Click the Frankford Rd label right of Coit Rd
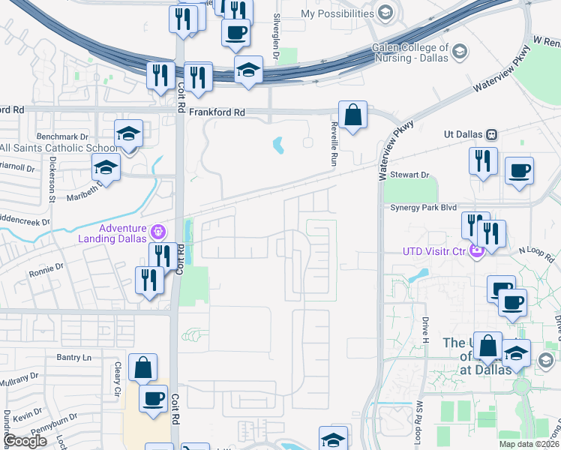click(217, 112)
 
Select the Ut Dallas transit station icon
click(492, 134)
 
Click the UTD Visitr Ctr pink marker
click(475, 250)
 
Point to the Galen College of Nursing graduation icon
click(460, 51)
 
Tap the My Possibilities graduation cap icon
click(385, 13)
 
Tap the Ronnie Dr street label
click(46, 266)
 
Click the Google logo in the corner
click(25, 441)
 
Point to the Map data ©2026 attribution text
click(529, 444)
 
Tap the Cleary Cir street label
click(117, 379)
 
